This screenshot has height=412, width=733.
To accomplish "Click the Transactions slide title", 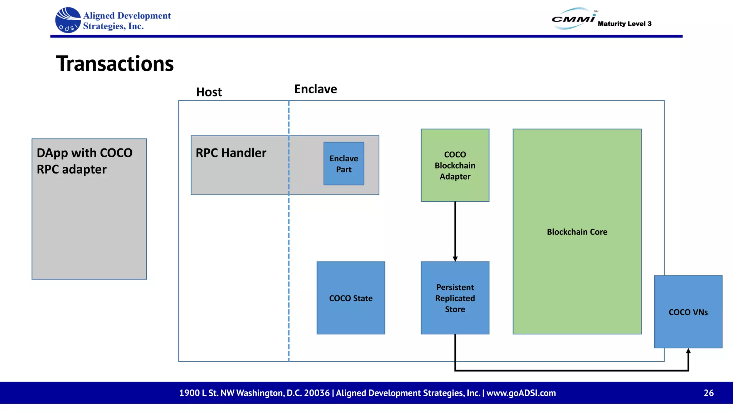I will click(x=115, y=64).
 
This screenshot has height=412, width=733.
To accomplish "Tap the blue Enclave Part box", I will click(x=344, y=164).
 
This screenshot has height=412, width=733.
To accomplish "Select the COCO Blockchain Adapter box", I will click(x=455, y=165).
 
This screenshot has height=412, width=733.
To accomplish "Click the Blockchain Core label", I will click(x=577, y=232).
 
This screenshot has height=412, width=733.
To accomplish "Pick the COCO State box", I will click(x=351, y=298).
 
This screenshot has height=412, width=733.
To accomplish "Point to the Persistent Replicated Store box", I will click(x=455, y=298).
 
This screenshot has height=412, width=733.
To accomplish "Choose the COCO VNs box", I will click(x=688, y=312).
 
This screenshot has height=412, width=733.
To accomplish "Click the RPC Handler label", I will click(x=231, y=153).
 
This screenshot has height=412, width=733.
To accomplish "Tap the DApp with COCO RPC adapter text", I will click(x=84, y=161).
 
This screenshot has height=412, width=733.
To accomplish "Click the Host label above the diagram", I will click(x=209, y=92).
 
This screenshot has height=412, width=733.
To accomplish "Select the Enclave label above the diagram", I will click(x=315, y=89).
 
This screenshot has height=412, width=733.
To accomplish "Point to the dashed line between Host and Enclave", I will click(x=288, y=232).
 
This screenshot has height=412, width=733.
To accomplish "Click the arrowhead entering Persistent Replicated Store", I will click(x=455, y=259).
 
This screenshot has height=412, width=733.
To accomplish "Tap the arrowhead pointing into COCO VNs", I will click(x=688, y=352).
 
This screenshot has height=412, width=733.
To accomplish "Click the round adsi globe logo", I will click(x=68, y=20).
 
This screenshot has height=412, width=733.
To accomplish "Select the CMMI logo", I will click(x=573, y=19).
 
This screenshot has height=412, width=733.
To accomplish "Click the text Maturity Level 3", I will click(x=624, y=24).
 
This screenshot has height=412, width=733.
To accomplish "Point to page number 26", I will click(x=708, y=393).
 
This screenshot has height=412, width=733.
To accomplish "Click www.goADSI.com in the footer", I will click(x=521, y=393).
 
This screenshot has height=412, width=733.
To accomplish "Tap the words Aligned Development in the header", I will click(x=127, y=16).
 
